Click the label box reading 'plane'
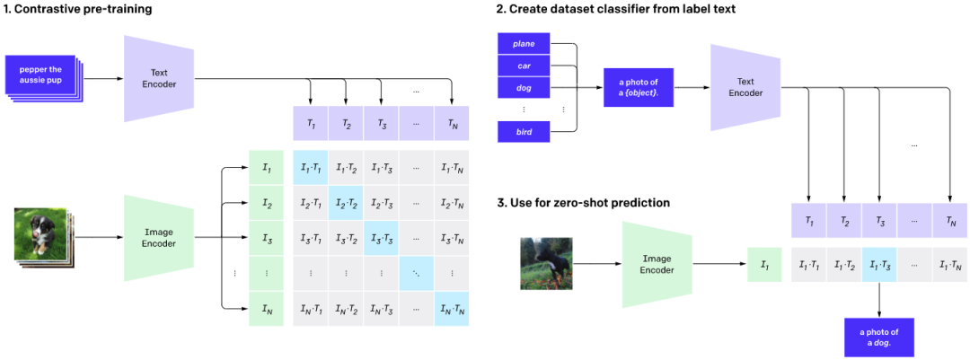click(x=524, y=43)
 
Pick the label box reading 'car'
click(x=524, y=65)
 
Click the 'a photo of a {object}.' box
click(x=638, y=87)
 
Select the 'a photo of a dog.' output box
click(x=878, y=338)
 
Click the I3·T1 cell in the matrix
click(x=311, y=238)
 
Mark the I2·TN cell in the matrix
click(x=452, y=204)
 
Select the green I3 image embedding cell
click(x=267, y=238)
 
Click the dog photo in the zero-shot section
click(x=546, y=264)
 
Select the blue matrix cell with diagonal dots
click(x=417, y=273)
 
